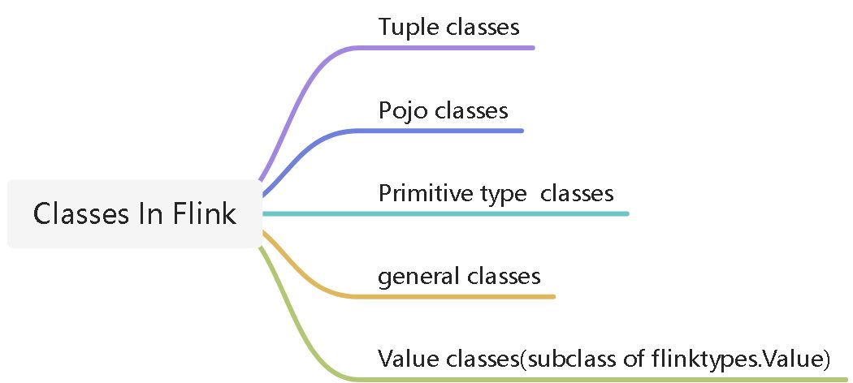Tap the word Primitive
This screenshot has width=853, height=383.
(x=426, y=194)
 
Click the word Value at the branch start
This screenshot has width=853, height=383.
(x=404, y=359)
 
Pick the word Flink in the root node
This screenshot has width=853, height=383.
(x=205, y=214)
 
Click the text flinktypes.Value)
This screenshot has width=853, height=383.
(x=739, y=359)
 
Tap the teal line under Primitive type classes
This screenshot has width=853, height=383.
(x=447, y=213)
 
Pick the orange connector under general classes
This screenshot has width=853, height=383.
(x=455, y=296)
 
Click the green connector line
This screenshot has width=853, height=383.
(x=569, y=379)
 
